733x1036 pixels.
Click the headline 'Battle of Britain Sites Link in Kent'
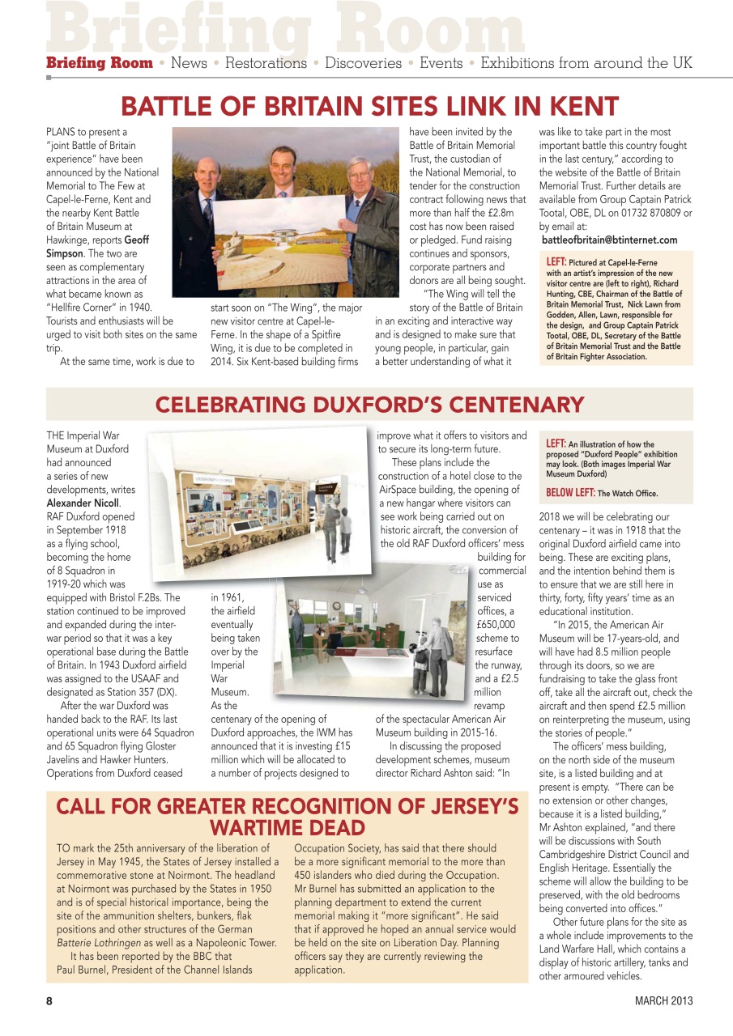click(x=369, y=106)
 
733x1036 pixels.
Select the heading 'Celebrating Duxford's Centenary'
click(x=369, y=404)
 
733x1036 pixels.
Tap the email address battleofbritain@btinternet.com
click(x=609, y=240)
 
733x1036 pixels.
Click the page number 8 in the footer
click(x=49, y=1000)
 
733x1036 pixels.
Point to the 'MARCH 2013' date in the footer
click(x=663, y=1000)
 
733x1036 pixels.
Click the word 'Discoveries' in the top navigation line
click(x=363, y=63)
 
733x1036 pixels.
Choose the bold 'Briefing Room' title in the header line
click(x=99, y=63)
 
